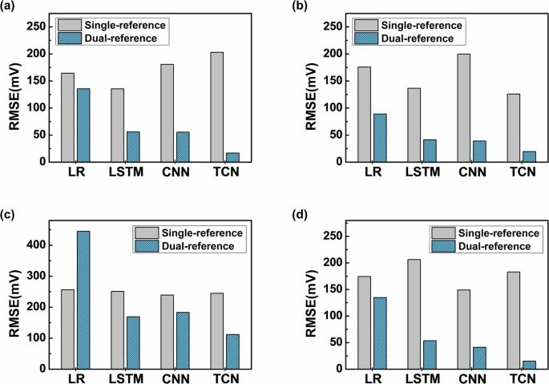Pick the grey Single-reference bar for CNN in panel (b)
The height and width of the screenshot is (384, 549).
[x=464, y=107]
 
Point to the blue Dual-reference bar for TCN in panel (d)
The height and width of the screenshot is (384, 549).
[x=529, y=365]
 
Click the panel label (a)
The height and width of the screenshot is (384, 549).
[x=10, y=7]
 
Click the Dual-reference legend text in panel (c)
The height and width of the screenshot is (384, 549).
[x=197, y=246]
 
